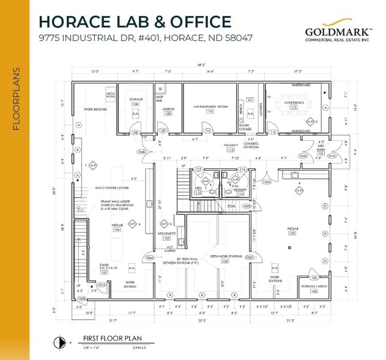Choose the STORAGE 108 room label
pos(136,102)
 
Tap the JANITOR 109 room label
pos(168,110)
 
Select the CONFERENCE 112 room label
pos(294,104)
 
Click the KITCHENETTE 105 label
pos(167,236)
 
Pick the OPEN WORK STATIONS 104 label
pos(226,258)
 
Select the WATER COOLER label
pos(245,129)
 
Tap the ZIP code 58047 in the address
pos(234,38)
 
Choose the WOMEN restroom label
pos(239,190)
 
